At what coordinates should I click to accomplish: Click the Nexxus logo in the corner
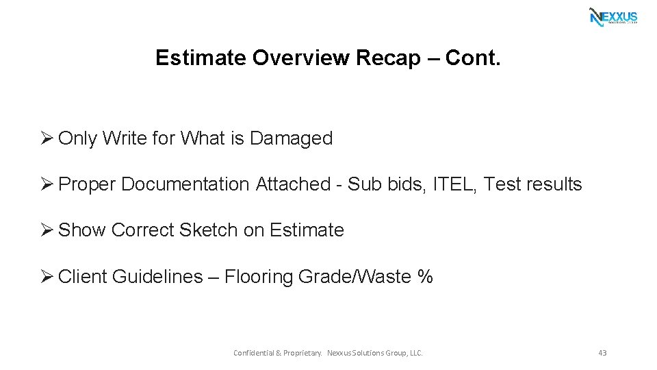coord(613,16)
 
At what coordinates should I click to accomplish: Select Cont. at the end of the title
coord(473,58)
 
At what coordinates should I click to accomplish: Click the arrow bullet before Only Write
coord(47,138)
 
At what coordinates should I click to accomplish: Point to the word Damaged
coord(291,138)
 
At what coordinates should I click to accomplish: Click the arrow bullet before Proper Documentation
coord(47,184)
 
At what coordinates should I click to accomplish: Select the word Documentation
coord(185,184)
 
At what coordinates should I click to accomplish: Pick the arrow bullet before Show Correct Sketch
coord(47,230)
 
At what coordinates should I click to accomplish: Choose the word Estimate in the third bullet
coord(307,230)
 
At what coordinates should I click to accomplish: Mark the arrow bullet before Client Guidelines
coord(47,277)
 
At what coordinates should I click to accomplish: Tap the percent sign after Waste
coord(425,277)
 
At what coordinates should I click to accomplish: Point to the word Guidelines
coord(157,277)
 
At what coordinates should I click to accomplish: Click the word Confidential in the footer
coord(253,353)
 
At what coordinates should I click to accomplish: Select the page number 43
coord(602,353)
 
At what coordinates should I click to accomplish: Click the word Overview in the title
coord(302,58)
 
